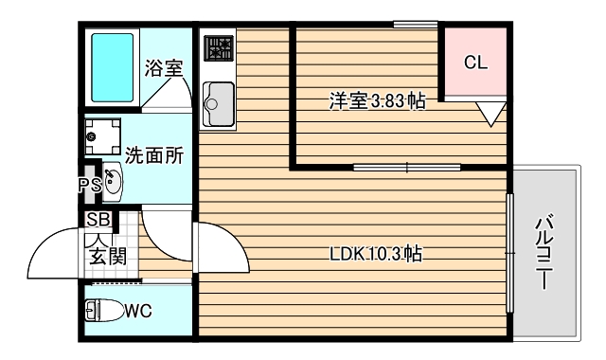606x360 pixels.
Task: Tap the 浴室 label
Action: coord(163,69)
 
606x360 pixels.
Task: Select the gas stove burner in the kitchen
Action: coord(219,48)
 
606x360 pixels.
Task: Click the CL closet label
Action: coord(475,63)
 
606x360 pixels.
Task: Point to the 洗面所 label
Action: coord(153,153)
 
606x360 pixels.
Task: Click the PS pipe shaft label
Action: coord(89,186)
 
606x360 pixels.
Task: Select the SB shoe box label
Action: coord(98,219)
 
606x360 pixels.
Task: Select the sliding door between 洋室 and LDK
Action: coord(406,169)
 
